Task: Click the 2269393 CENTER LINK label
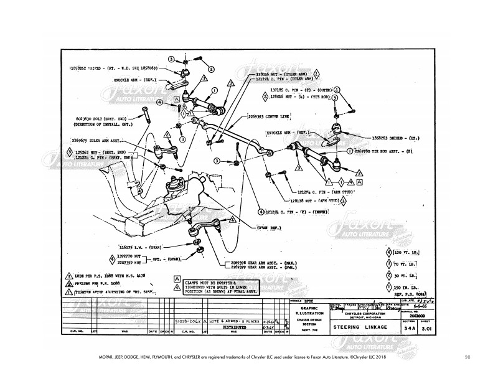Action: pyautogui.click(x=268, y=116)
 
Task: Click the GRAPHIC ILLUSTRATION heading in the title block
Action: pyautogui.click(x=309, y=310)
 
